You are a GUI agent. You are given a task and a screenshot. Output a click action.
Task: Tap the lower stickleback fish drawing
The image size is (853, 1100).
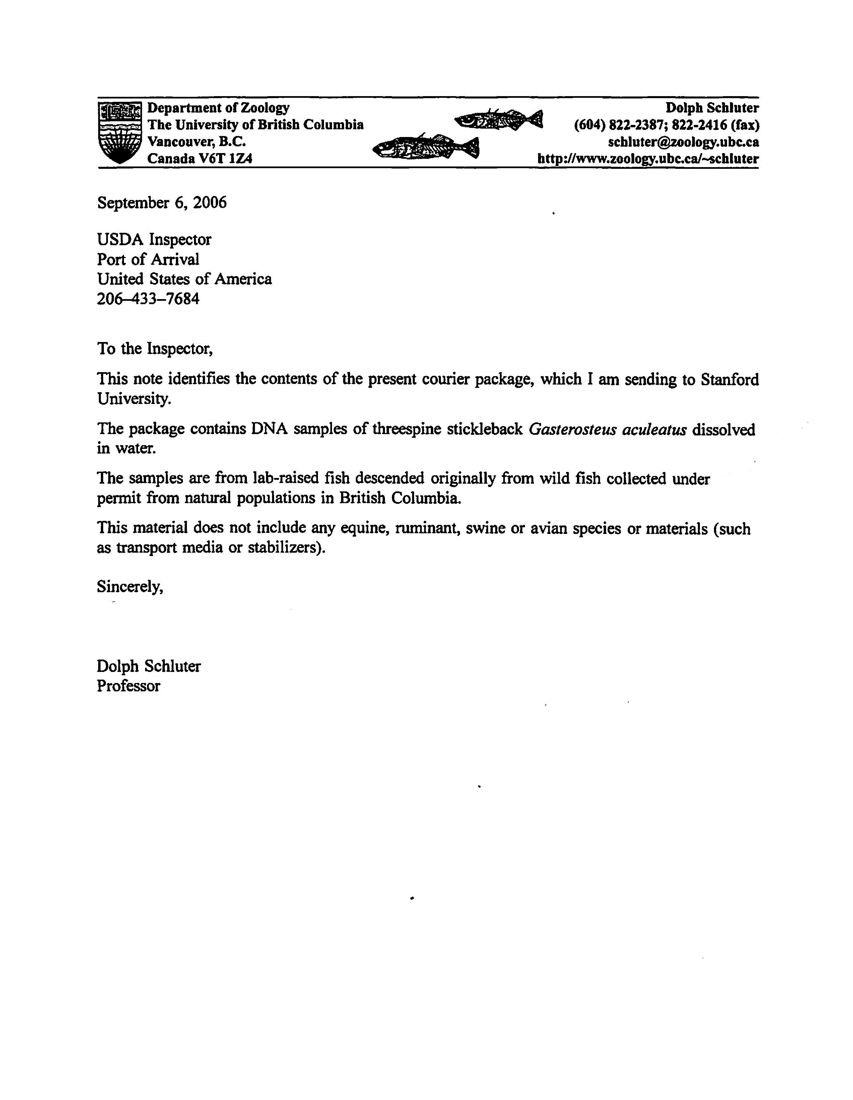click(x=426, y=147)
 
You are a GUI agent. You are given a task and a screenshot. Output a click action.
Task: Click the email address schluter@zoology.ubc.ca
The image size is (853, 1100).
click(x=683, y=142)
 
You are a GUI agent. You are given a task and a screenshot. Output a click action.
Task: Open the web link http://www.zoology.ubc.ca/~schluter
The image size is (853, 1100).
click(x=648, y=159)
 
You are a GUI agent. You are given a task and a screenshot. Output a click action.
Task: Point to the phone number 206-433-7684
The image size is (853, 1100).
click(x=148, y=299)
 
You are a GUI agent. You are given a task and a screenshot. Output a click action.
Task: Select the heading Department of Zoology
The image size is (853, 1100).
click(x=218, y=108)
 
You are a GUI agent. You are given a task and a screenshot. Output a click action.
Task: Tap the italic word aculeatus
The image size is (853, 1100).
click(x=654, y=430)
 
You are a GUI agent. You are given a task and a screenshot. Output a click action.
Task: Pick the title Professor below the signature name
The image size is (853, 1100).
click(x=128, y=686)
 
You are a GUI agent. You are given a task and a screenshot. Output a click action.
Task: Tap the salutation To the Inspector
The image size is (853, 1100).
click(x=155, y=349)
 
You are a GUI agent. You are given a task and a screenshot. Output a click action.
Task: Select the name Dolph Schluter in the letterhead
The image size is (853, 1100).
click(x=712, y=108)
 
